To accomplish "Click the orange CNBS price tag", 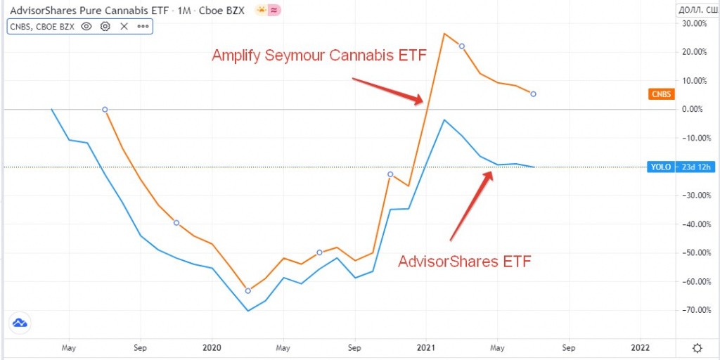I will [x=660, y=94].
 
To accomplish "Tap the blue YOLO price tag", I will [x=659, y=167].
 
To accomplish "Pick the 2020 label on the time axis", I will [x=212, y=347].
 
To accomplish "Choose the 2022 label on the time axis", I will [x=641, y=347].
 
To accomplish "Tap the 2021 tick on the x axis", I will [x=426, y=347].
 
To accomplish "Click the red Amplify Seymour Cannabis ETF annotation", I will [x=319, y=56].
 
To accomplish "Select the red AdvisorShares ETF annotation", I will [x=464, y=262].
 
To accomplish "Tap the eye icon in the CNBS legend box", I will [x=86, y=26].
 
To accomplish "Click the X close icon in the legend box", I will [x=124, y=26].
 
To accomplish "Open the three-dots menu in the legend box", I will [x=143, y=26].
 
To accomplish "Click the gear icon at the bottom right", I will [x=697, y=348].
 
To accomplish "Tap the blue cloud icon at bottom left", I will [x=19, y=323].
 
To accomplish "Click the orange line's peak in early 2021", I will [x=444, y=33].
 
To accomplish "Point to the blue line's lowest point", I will [x=247, y=311].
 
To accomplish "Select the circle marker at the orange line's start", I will [x=105, y=110].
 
